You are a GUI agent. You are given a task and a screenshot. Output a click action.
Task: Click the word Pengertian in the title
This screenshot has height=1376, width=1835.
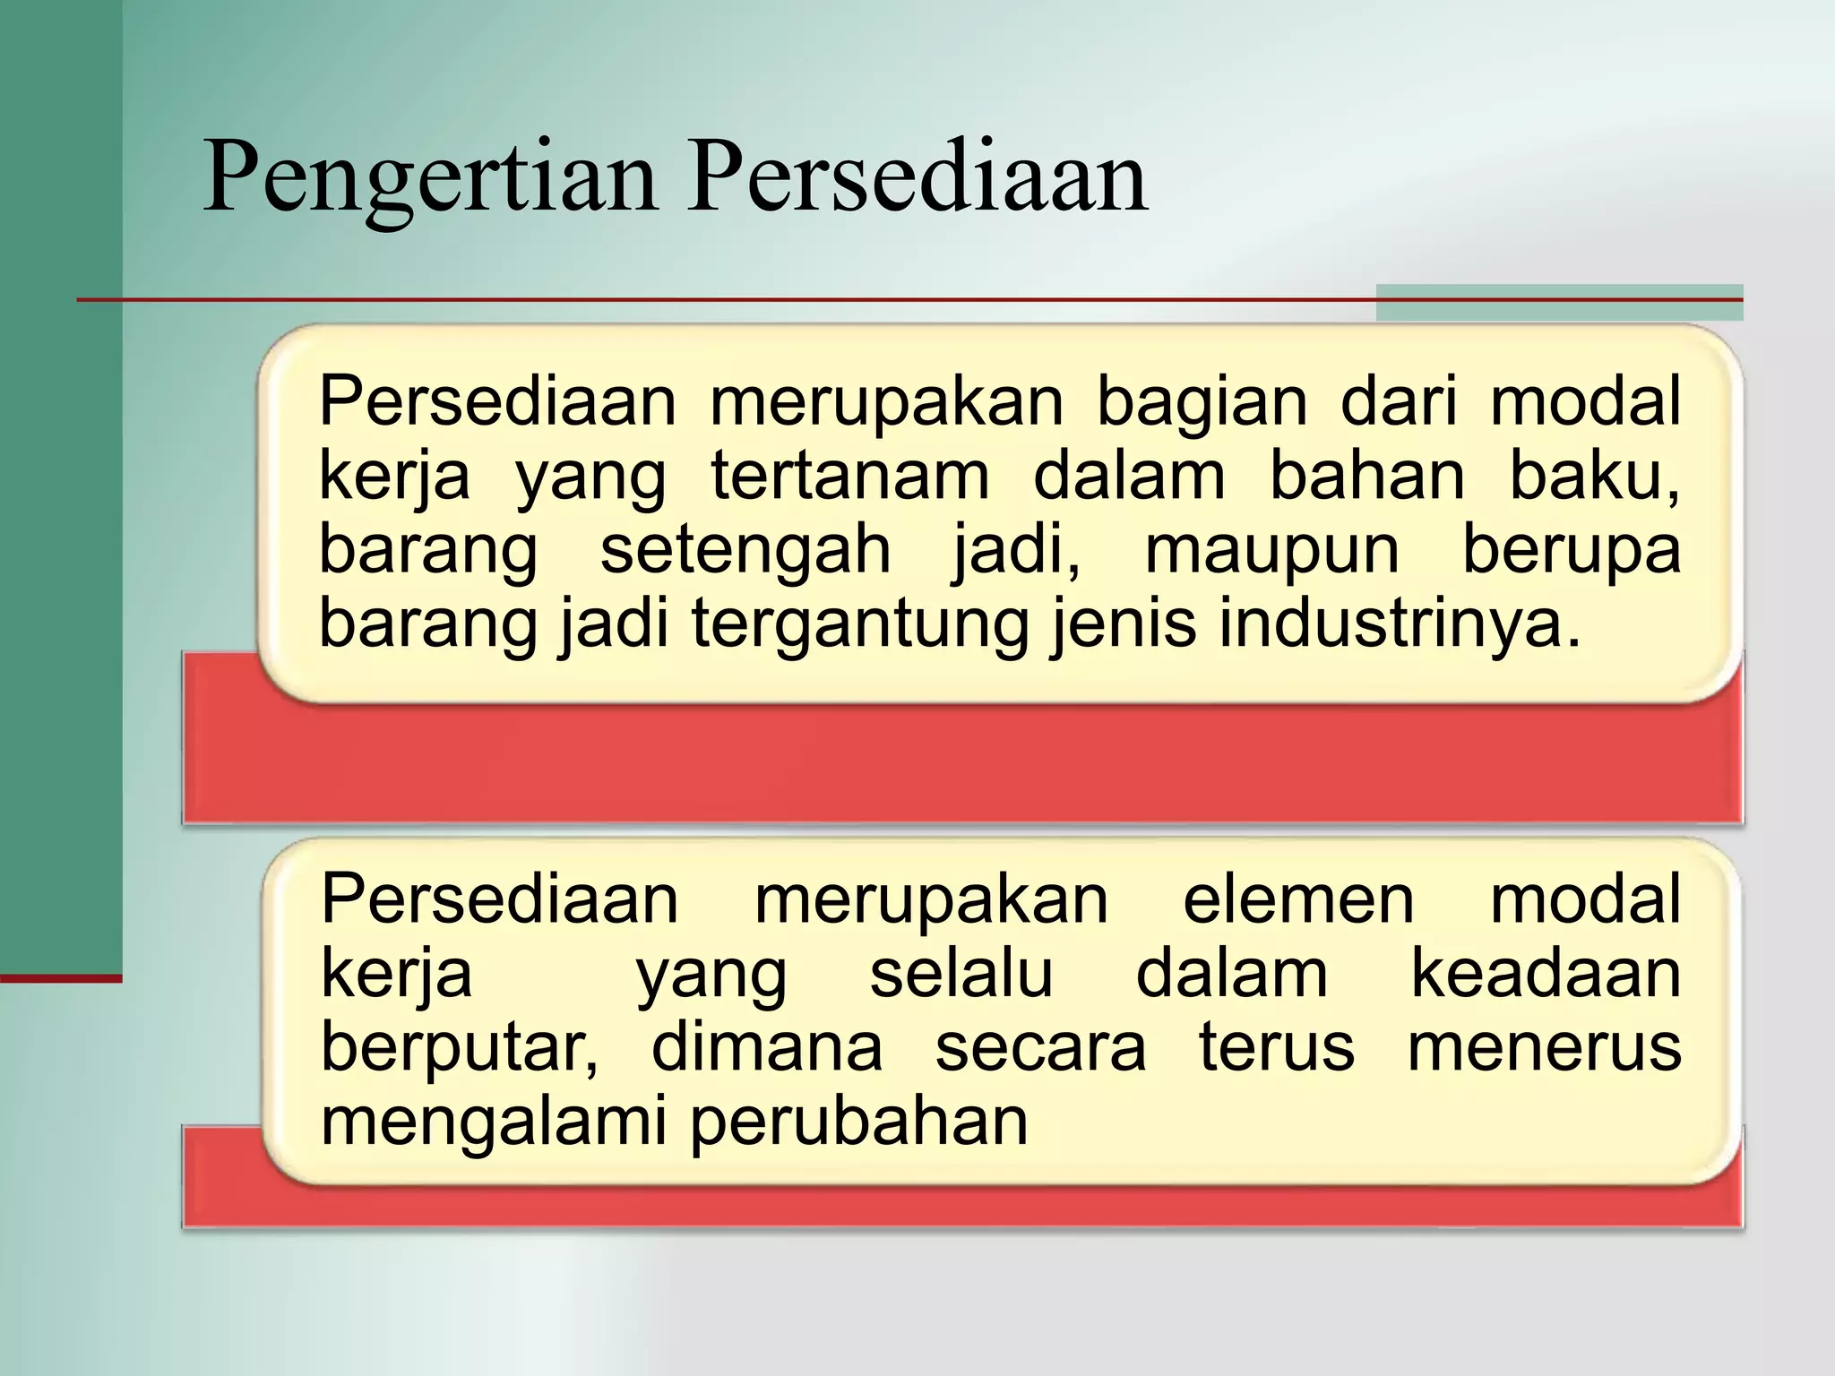coord(429,179)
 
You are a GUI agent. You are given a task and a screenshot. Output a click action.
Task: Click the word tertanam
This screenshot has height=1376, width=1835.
coord(850,477)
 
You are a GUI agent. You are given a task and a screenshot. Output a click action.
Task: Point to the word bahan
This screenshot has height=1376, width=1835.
coord(1367,477)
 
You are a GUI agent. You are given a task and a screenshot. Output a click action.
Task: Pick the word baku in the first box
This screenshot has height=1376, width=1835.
coord(1593,477)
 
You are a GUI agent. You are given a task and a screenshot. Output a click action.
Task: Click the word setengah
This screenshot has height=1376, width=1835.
coord(745,551)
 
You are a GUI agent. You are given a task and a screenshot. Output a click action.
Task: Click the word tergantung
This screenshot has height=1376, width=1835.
coord(860,626)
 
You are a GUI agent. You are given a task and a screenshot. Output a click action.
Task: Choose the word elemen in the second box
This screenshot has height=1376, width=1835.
coord(1298,900)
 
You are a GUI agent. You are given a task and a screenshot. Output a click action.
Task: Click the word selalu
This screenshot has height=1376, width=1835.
coord(961,975)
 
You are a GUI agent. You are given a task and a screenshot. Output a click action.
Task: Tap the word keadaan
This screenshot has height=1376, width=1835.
coord(1546,975)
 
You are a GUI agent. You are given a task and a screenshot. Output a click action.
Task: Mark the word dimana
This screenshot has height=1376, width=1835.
coord(767,1048)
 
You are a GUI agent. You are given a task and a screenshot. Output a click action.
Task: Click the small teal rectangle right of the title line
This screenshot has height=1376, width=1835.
coord(1559,303)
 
